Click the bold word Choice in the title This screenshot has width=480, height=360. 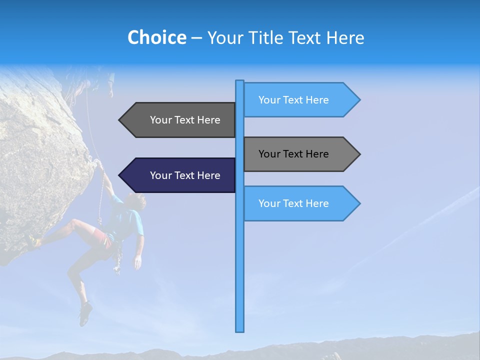pos(156,37)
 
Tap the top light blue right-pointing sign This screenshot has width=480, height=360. pos(300,100)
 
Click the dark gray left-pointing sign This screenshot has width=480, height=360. pos(180,120)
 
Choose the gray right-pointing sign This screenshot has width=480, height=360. pos(300,154)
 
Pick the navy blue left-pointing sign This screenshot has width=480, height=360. pos(180,175)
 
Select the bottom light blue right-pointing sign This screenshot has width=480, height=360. pos(300,203)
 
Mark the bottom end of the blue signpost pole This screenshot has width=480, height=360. pos(240,330)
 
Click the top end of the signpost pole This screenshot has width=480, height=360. pos(240,81)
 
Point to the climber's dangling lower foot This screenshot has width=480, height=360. pos(85,315)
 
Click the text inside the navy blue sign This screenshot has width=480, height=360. pos(185,175)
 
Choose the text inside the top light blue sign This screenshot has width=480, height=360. pos(293,100)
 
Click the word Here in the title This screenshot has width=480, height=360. pos(345,37)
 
